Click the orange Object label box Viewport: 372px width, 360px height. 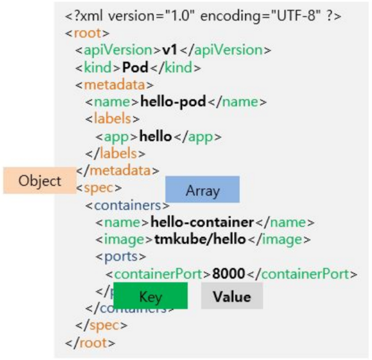(x=39, y=181)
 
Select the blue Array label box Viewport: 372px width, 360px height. (x=202, y=190)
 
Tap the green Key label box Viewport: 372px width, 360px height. (x=150, y=296)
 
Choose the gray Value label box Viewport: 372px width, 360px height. (x=232, y=296)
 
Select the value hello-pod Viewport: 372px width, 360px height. (x=174, y=102)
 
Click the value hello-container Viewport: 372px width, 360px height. (x=202, y=223)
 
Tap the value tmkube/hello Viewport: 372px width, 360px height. (x=201, y=240)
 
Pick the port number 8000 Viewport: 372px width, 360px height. (x=228, y=274)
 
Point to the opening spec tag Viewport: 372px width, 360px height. (x=99, y=188)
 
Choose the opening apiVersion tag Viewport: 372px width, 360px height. (x=119, y=50)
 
